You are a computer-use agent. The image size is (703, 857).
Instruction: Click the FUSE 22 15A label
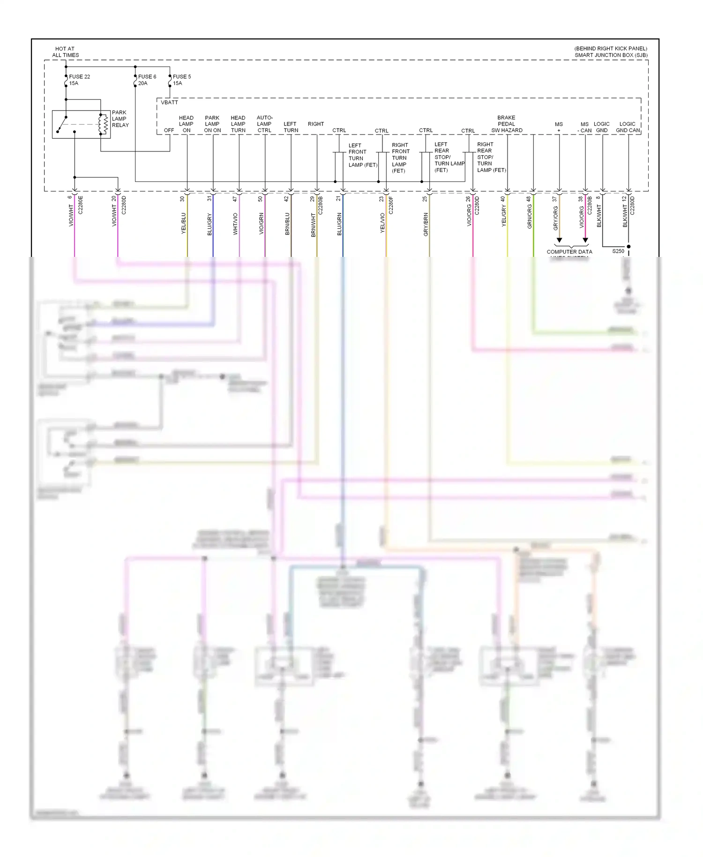point(79,80)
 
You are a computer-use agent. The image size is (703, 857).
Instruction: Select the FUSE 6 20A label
point(147,80)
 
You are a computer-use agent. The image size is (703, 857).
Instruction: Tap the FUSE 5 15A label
point(181,80)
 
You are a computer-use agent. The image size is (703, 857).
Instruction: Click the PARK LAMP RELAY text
point(120,119)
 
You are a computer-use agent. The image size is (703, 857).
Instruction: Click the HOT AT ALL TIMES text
point(65,52)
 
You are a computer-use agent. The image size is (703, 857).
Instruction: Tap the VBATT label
point(169,102)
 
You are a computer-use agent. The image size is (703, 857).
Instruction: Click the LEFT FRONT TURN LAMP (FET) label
point(362,155)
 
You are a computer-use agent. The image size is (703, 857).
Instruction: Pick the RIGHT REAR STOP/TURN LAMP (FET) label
point(491,157)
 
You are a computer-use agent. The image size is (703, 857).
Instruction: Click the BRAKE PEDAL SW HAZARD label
point(507,124)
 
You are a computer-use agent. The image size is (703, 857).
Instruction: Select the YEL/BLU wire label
point(184,223)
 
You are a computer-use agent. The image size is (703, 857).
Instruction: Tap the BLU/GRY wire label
point(209,224)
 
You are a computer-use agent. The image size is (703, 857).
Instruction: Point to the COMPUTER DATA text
point(569,252)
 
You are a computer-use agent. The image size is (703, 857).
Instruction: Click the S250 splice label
point(618,251)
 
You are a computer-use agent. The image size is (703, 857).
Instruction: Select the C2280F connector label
point(391,205)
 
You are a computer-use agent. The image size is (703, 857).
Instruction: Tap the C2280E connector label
point(80,205)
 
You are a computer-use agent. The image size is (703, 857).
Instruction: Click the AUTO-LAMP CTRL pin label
point(264,124)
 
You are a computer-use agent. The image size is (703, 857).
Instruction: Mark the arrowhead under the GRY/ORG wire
point(559,240)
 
